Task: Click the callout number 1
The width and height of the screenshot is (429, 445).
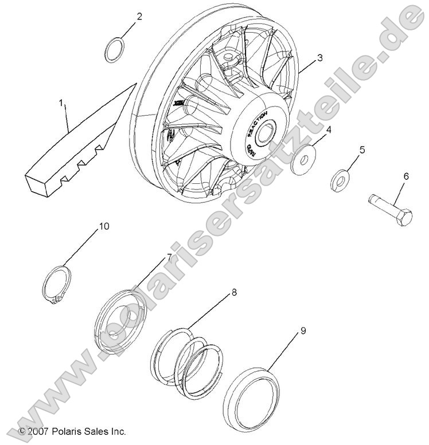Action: tap(62, 104)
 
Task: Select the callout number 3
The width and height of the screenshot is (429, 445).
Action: tap(319, 57)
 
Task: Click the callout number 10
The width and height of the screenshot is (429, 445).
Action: tap(103, 226)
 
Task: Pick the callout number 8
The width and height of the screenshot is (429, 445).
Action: tap(233, 292)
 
